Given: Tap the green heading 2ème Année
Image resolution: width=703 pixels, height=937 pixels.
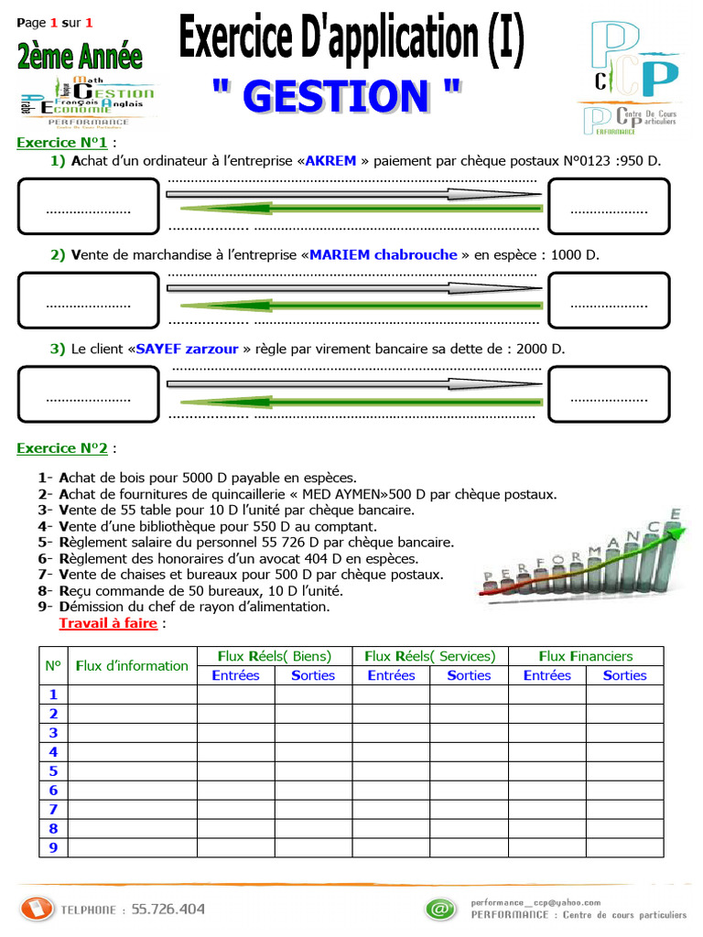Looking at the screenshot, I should click(x=80, y=57).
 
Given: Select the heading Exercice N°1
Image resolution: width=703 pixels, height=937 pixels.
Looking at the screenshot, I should click(x=62, y=143).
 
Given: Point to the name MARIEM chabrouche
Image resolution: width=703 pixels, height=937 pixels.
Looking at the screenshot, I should click(x=383, y=254).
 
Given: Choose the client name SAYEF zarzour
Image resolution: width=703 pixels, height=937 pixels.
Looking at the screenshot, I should click(x=187, y=349).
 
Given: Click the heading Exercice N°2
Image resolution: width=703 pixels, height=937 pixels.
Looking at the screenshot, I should click(x=62, y=448).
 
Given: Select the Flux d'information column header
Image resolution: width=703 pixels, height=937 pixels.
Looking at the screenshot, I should click(x=132, y=665).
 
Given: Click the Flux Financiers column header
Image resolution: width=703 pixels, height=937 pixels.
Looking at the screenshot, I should click(x=586, y=656).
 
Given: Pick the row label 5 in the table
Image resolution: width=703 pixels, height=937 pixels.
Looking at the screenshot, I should click(x=53, y=770).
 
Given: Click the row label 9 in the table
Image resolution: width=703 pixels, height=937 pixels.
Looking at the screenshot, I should click(x=53, y=847).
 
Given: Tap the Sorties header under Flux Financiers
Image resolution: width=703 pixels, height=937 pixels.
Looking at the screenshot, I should click(x=624, y=675).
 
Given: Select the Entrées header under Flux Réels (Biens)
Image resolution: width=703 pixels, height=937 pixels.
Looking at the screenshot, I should click(x=235, y=675).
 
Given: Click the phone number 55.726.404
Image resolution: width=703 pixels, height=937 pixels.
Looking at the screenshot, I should click(x=168, y=910).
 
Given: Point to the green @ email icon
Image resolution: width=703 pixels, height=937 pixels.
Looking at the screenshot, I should click(x=439, y=909).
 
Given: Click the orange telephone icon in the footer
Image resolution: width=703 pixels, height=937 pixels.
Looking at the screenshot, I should click(x=37, y=909).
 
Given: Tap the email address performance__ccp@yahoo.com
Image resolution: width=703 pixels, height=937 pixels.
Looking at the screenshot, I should click(x=535, y=902).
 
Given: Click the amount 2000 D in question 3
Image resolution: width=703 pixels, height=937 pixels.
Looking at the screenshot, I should click(x=540, y=349).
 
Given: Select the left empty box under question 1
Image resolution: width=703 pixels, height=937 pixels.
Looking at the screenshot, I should click(x=88, y=206).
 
